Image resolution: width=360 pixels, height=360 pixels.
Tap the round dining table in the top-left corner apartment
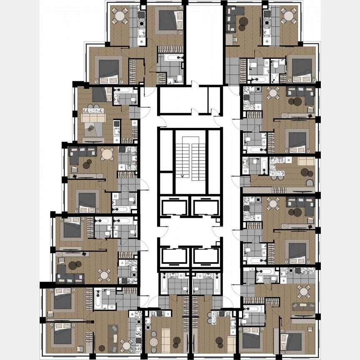coord(120,16)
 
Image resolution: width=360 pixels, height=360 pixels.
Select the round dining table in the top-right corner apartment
coord(288,16)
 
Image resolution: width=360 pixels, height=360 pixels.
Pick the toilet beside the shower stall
coord(276,77)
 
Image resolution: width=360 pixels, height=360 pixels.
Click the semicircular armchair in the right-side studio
coord(309,182)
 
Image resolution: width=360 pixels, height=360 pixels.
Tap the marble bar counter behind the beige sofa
coord(277,159)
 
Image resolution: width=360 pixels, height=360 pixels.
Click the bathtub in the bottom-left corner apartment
coord(98,299)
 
